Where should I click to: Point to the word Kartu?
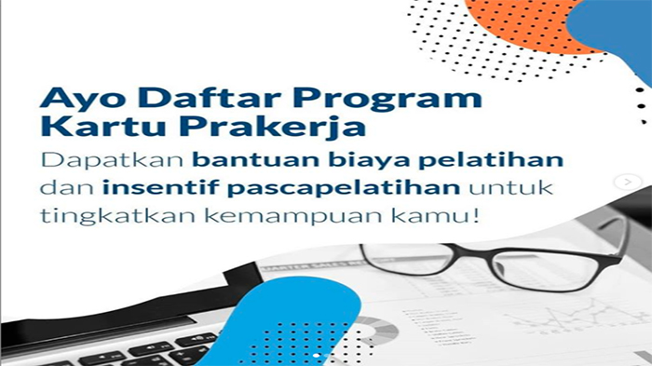pos(86,128)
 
